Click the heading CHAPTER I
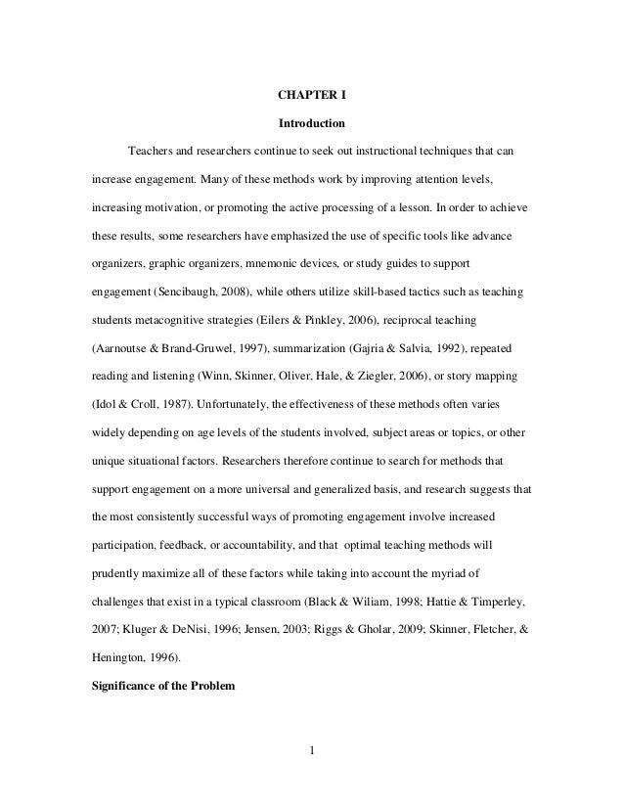point(311,96)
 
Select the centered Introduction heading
point(311,125)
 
